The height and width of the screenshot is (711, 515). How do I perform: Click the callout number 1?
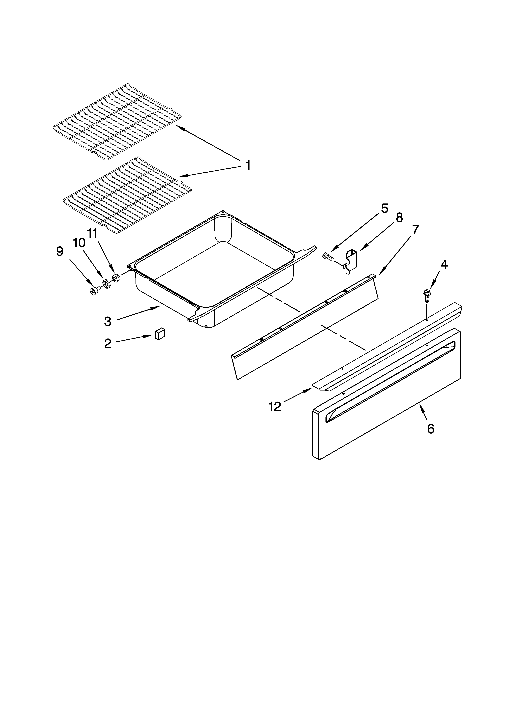(248, 165)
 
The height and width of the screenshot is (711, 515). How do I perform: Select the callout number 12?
(275, 407)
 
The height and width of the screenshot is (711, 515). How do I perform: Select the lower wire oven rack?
(127, 194)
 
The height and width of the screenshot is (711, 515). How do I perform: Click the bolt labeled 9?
(94, 291)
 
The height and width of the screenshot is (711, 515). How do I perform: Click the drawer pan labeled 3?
(213, 276)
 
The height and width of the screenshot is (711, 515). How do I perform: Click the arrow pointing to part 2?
(135, 339)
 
